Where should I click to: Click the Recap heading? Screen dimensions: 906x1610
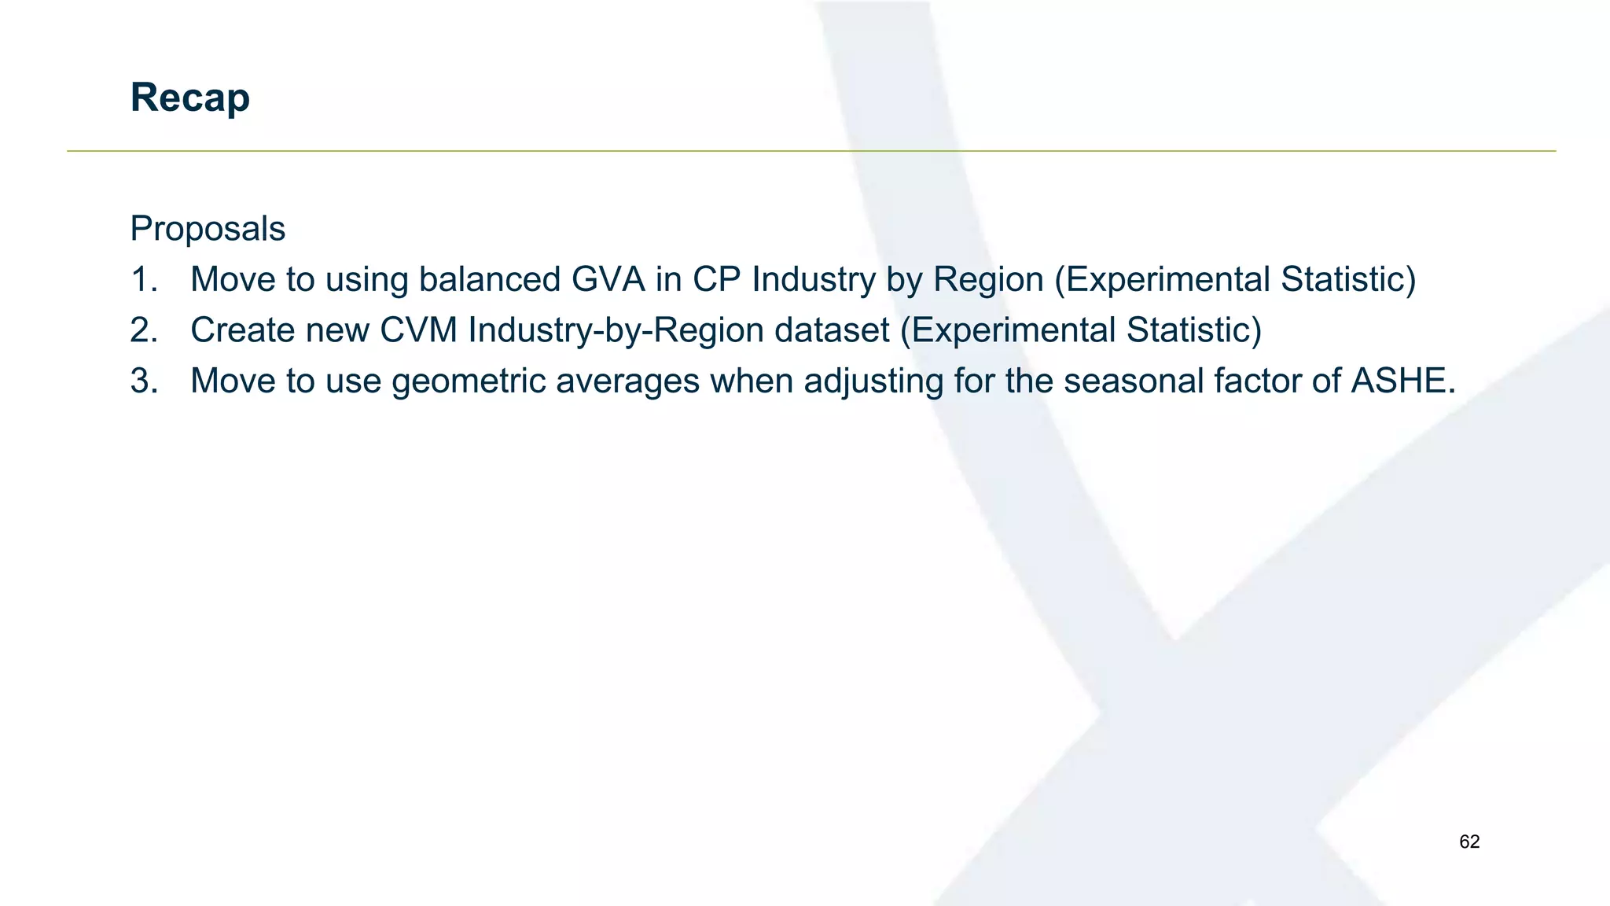(189, 98)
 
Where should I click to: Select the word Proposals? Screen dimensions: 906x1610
(208, 229)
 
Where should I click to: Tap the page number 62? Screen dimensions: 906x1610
(1468, 842)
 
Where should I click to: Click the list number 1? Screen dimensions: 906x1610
(144, 280)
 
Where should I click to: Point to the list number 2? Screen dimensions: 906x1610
(144, 330)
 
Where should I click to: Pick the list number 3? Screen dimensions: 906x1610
(144, 381)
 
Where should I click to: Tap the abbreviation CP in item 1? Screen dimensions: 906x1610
(717, 280)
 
